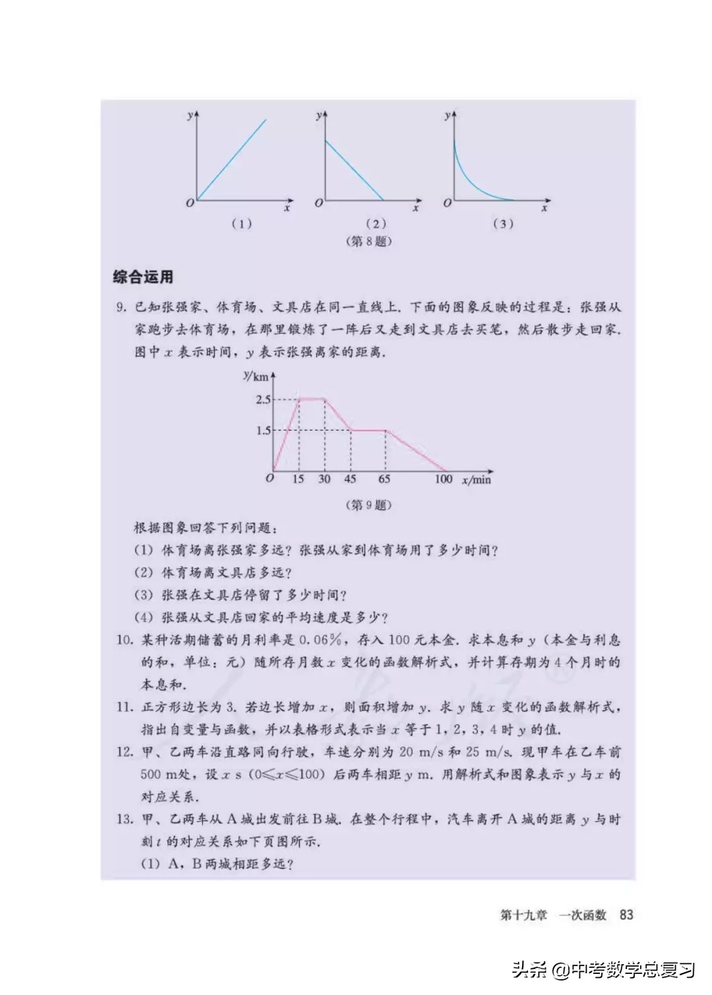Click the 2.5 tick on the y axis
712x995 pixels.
tap(263, 400)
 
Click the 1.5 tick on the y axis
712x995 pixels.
tap(263, 431)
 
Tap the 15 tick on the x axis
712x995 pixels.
tap(298, 479)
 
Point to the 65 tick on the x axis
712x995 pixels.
tap(384, 479)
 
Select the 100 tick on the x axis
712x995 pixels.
tap(443, 479)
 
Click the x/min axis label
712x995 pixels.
tap(477, 480)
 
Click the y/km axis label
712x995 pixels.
tap(256, 377)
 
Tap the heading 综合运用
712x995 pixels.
tap(143, 277)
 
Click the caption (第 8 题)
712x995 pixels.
tap(369, 241)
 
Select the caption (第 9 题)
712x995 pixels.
tap(369, 505)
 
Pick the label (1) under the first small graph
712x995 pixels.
tap(241, 224)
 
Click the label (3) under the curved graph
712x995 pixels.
tap(503, 224)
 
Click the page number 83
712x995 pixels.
tap(626, 915)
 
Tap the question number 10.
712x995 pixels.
tap(125, 640)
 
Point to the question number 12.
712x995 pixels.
tap(125, 752)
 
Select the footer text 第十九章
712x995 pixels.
tap(523, 915)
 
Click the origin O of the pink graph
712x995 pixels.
tap(270, 478)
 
